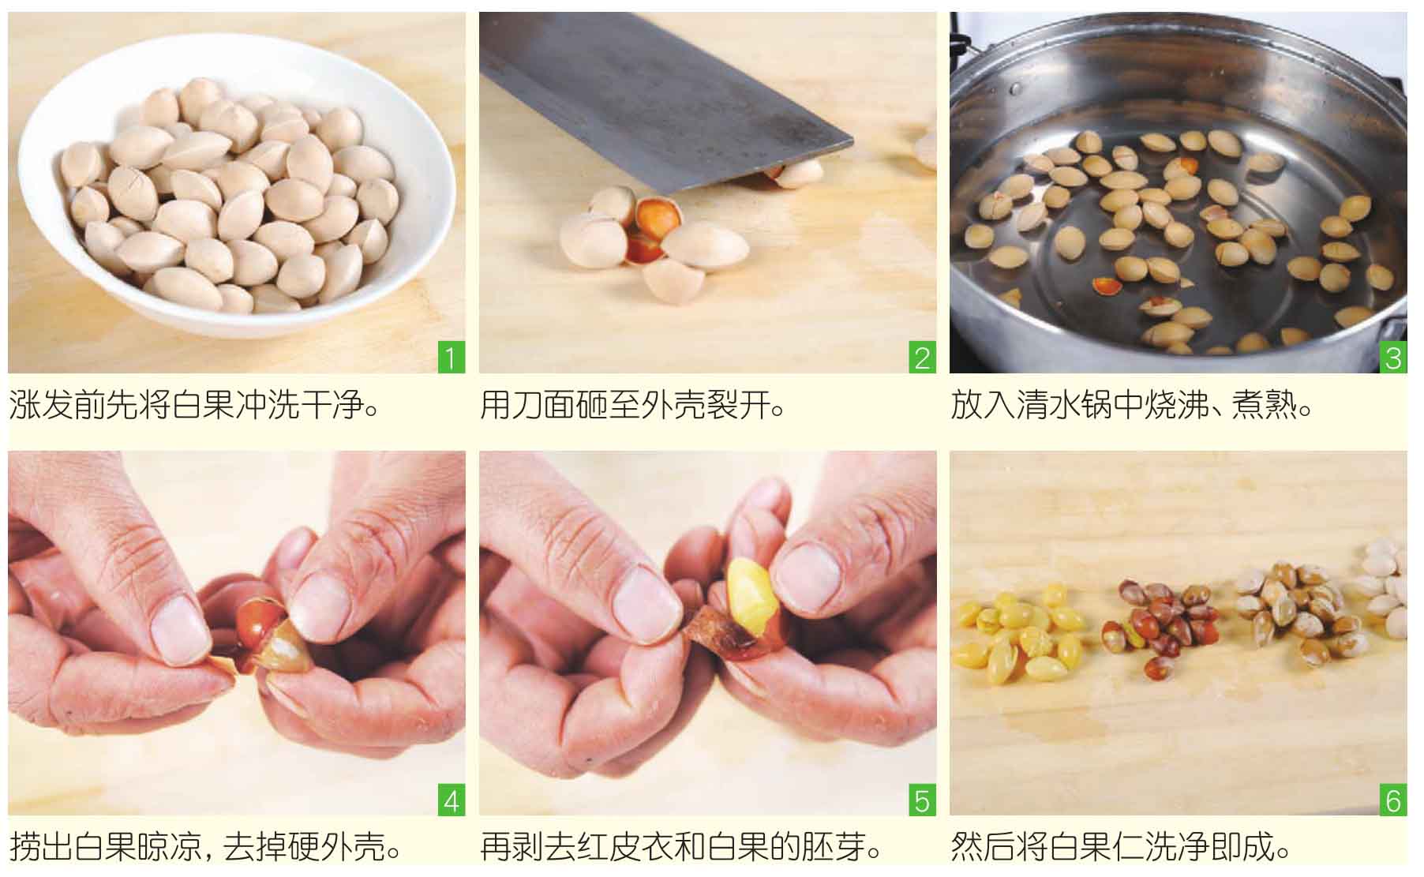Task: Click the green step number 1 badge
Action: point(452,358)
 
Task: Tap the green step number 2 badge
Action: point(923,358)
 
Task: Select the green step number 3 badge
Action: point(1393,358)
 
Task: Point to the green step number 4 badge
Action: point(452,801)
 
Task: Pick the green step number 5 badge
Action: point(923,801)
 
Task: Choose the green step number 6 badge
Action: point(1393,801)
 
